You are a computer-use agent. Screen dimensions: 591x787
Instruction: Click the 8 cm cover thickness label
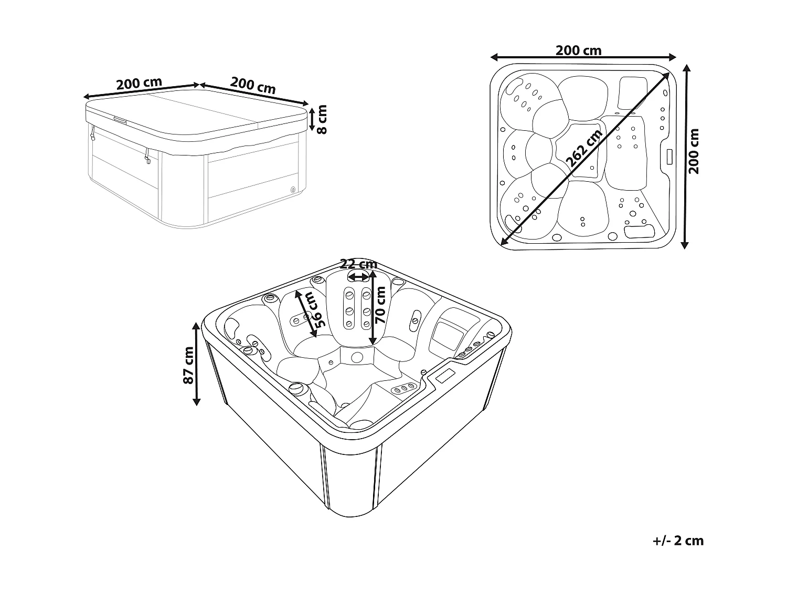click(322, 119)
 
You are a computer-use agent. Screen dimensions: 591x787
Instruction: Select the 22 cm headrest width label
click(358, 264)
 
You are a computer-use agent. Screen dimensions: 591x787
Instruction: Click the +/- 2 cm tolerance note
click(678, 541)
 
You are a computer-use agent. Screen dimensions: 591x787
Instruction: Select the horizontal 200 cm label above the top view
click(578, 50)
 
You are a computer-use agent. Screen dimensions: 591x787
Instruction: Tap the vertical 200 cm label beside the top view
click(694, 151)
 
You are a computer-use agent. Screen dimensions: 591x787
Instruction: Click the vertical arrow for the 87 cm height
click(197, 364)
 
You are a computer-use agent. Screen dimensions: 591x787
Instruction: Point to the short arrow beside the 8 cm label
click(312, 119)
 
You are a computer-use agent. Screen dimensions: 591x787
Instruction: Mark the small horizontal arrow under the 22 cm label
click(358, 277)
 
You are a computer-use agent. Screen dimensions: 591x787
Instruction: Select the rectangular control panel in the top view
click(669, 157)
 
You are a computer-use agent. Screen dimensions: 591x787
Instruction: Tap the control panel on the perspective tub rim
click(445, 375)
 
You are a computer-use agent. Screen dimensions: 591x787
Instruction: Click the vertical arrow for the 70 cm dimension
click(373, 307)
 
